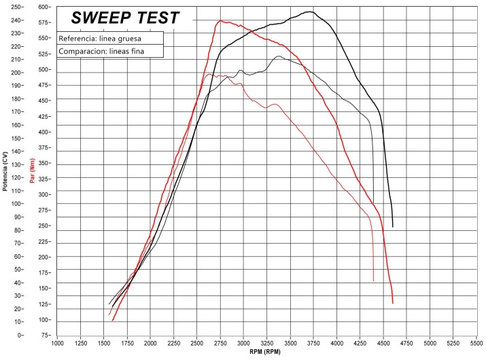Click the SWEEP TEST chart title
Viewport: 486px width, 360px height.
pyautogui.click(x=126, y=18)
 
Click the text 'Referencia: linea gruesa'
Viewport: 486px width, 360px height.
pyautogui.click(x=100, y=39)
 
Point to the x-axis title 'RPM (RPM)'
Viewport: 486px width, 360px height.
pyautogui.click(x=266, y=353)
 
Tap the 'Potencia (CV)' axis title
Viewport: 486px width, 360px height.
pyautogui.click(x=5, y=170)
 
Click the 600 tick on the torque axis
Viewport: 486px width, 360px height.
pyautogui.click(x=45, y=7)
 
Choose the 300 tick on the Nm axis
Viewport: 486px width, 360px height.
pyautogui.click(x=45, y=194)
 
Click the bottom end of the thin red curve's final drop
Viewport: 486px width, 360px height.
pyautogui.click(x=373, y=281)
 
